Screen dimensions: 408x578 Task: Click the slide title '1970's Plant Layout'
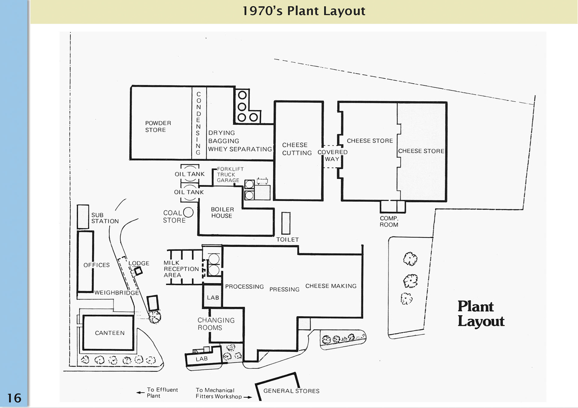pos(303,11)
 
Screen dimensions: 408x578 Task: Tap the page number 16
pos(14,398)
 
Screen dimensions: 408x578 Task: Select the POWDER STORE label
pos(158,127)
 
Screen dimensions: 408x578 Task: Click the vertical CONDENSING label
pos(198,123)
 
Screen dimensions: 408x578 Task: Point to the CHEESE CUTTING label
pos(297,149)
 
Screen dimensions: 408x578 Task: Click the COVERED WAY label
pos(332,155)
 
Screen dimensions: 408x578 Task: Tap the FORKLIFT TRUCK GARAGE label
pos(230,175)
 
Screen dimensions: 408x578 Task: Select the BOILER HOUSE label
pos(222,213)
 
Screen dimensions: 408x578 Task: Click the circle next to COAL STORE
pos(188,212)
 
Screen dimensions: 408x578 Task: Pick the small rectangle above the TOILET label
pos(286,223)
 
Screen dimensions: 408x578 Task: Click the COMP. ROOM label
pos(389,222)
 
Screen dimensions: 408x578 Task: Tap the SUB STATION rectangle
pos(83,217)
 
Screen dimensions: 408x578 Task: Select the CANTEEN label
pos(110,333)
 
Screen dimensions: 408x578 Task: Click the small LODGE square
pos(138,271)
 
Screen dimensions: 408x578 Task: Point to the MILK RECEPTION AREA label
pos(181,269)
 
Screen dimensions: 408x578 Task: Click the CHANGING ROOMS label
pos(216,324)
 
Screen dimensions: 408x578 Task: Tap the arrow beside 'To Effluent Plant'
pos(140,393)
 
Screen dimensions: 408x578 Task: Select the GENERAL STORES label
pos(291,391)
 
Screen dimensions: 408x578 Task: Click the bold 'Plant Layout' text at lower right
pos(480,314)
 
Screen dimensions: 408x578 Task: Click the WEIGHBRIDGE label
pos(117,293)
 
